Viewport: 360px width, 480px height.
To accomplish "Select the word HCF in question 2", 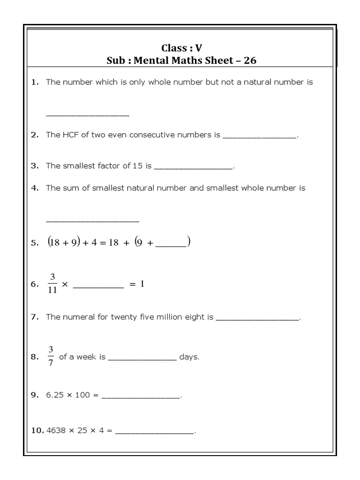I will (x=67, y=135).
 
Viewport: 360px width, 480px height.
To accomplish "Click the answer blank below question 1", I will (x=87, y=114).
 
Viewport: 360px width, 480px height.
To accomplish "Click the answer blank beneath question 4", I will (x=92, y=220).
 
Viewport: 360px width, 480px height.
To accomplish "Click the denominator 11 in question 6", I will (x=52, y=290).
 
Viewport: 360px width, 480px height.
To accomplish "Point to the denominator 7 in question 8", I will (x=51, y=362).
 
